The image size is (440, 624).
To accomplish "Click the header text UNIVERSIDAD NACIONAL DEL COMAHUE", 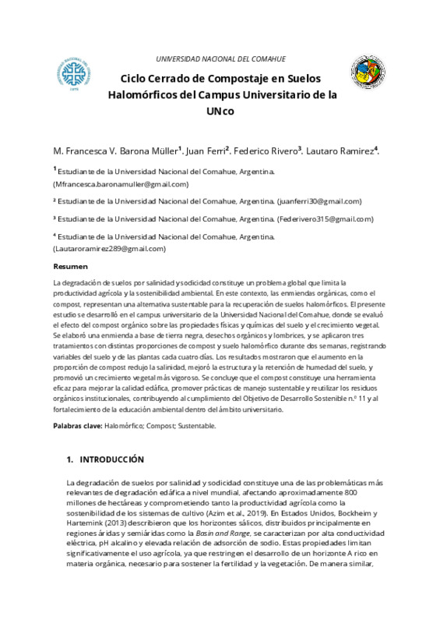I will pos(221,59).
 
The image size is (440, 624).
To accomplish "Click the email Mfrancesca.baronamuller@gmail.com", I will pos(121,184).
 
